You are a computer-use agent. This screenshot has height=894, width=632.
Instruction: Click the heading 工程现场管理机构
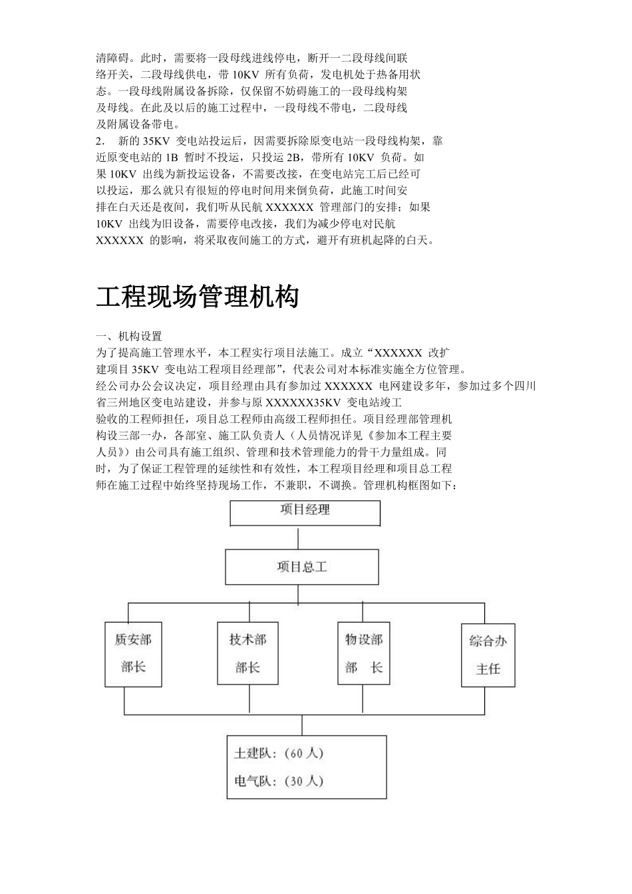197,297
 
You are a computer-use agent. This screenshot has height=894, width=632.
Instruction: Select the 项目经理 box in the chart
305,513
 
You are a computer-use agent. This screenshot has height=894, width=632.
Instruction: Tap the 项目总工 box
302,567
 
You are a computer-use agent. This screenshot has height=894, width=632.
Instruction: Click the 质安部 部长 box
134,653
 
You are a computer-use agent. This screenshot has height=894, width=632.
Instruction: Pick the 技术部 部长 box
247,653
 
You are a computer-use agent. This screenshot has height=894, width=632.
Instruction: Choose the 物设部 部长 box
364,653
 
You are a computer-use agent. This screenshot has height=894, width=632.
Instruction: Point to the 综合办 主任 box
488,655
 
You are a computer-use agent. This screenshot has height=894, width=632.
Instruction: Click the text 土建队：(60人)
278,754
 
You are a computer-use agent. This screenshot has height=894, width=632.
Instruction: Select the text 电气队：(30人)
278,781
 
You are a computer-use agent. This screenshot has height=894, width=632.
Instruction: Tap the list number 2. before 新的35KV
100,141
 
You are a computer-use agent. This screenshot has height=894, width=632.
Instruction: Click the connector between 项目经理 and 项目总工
305,537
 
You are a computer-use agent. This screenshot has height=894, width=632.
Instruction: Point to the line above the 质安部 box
128,612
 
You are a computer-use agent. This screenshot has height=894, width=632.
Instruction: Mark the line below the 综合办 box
484,701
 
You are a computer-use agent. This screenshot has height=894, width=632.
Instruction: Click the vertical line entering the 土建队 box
303,724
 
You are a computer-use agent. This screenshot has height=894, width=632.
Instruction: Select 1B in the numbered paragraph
172,158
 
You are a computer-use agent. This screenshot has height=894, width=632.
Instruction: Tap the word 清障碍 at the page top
112,58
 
